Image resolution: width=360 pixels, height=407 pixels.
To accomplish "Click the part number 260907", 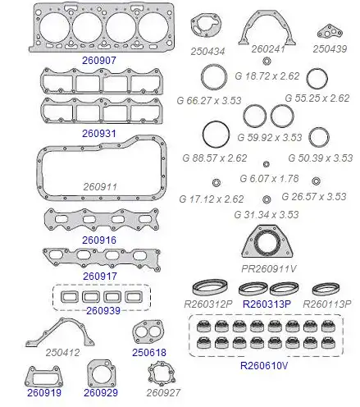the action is [x=99, y=61].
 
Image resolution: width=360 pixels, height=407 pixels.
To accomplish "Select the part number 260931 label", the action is [x=99, y=134].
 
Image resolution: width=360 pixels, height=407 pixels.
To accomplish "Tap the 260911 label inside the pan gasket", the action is [x=100, y=187].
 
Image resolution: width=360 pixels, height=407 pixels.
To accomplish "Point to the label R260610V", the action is [x=264, y=365].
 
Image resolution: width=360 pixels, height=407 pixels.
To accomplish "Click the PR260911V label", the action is [x=269, y=269].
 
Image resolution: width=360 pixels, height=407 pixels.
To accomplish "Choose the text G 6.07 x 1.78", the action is [x=269, y=179].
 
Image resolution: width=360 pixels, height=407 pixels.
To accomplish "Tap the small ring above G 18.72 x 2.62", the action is [x=267, y=61].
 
